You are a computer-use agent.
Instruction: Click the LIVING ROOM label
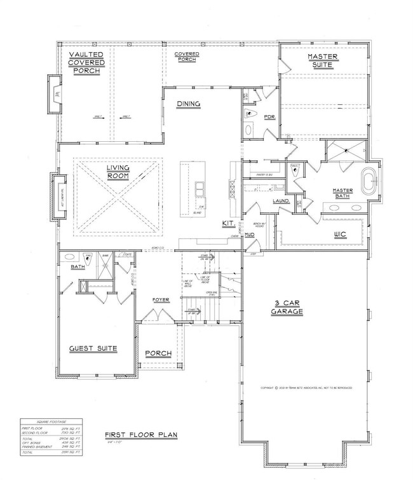(x=118, y=172)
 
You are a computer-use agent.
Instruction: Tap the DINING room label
(x=189, y=104)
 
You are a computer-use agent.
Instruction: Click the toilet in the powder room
(x=250, y=116)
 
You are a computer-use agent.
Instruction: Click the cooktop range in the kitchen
(x=232, y=187)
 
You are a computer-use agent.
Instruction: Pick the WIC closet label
(x=340, y=234)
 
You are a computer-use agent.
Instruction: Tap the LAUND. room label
(x=281, y=201)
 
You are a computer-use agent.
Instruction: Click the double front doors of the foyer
(x=152, y=316)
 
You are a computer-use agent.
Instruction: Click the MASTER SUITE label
(x=323, y=61)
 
